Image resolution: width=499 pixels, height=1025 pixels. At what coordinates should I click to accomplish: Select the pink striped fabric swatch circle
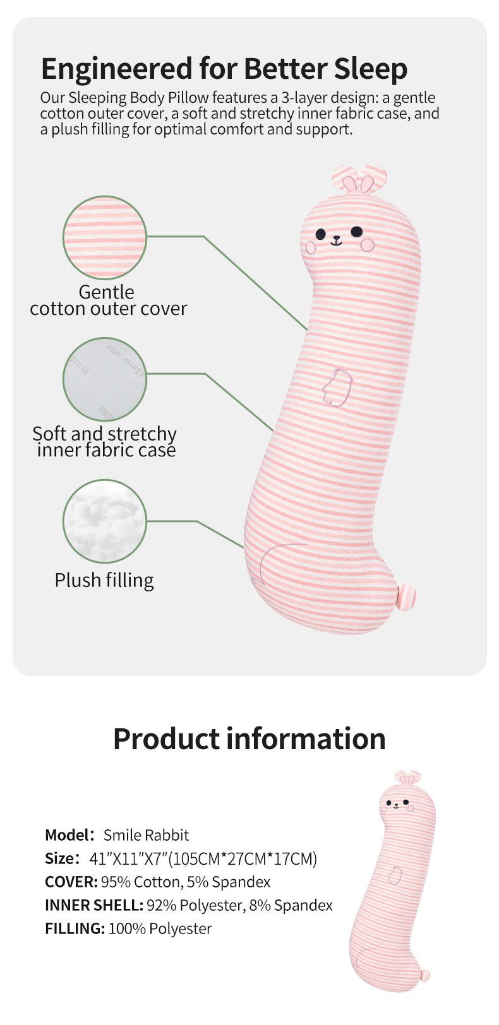pos(105,237)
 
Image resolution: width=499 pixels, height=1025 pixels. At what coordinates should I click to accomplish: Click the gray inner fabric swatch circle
pos(105,379)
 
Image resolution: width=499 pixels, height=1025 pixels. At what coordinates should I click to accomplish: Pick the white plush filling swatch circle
pos(105,521)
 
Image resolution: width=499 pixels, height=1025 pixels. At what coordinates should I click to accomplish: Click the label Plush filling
pos(104,580)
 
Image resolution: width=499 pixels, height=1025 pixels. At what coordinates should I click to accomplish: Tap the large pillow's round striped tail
pos(407,595)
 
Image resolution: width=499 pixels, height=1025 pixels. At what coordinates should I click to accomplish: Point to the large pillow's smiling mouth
pos(336,241)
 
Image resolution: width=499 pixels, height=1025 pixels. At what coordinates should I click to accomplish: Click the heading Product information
pos(249,738)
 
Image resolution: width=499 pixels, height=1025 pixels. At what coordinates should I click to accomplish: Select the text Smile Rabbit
pos(146,835)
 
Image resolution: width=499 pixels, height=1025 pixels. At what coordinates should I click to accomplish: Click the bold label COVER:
pos(71,882)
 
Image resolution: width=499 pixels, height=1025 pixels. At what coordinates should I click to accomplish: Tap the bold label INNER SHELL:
pos(93,905)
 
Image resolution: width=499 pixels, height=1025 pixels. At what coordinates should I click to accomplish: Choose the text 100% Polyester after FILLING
pos(160,928)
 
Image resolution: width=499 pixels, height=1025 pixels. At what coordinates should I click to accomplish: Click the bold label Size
pos(61,858)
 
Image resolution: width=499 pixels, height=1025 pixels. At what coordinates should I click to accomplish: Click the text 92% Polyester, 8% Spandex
pos(239,905)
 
